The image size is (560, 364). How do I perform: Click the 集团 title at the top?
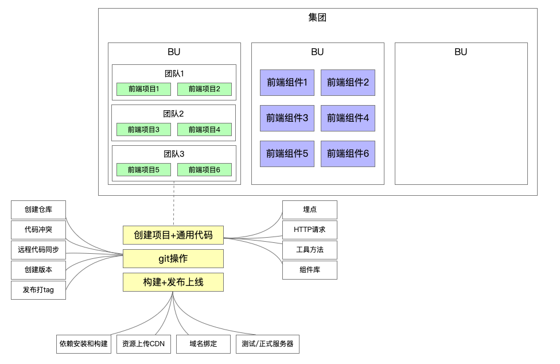[x=317, y=18]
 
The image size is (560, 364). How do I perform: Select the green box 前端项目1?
[x=143, y=89]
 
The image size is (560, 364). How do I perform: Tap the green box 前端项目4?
[x=204, y=129]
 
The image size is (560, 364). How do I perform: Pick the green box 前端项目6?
[x=204, y=169]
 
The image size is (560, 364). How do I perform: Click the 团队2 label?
[x=173, y=114]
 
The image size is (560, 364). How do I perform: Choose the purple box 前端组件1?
[x=287, y=83]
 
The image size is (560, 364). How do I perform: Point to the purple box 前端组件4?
[x=348, y=118]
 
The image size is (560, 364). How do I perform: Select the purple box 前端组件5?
[x=287, y=154]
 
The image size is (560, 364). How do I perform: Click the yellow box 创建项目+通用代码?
[x=173, y=235]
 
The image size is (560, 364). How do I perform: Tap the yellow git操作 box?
[x=173, y=258]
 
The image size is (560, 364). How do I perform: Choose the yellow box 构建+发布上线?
[x=173, y=282]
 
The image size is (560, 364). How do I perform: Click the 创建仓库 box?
[x=38, y=210]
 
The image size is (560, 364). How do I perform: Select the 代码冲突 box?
[x=38, y=230]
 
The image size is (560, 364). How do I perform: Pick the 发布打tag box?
[x=38, y=290]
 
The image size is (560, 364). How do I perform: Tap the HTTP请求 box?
[x=309, y=230]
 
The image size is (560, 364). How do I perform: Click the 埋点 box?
[x=309, y=210]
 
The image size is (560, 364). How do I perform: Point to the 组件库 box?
[x=309, y=270]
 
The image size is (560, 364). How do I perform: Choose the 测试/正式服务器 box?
[x=267, y=344]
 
